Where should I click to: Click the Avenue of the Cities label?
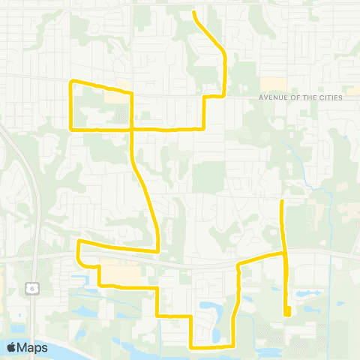coord(299,97)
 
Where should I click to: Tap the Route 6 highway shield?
coord(31,288)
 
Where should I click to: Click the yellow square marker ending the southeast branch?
coord(287,314)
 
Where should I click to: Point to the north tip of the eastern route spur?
coord(282,201)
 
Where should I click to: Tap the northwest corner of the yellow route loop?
coord(71,81)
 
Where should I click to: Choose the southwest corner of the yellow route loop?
coord(71,129)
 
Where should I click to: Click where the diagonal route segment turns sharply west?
coord(157,250)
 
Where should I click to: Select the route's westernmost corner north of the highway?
coord(79,241)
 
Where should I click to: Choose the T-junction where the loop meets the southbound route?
coord(132,129)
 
